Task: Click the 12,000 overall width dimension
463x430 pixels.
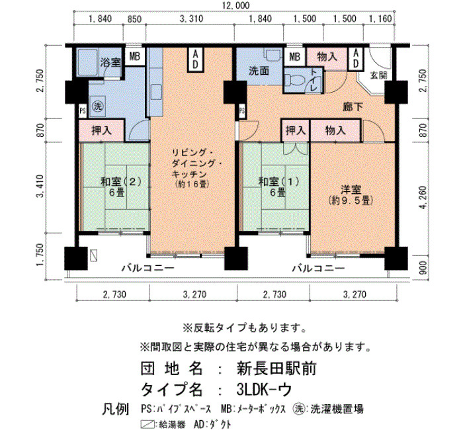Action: [x=235, y=5]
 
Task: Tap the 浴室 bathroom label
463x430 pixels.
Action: [x=110, y=62]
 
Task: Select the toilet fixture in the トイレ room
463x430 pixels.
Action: [x=296, y=80]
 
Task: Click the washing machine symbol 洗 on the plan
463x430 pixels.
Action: [x=97, y=106]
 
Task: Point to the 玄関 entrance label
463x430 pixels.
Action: [x=378, y=75]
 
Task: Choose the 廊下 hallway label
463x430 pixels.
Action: [x=353, y=107]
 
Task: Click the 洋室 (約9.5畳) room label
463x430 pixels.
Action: [x=351, y=195]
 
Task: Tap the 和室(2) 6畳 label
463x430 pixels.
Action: [x=117, y=187]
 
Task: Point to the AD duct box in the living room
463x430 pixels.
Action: [x=195, y=60]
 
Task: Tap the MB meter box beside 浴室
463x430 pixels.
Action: [x=134, y=56]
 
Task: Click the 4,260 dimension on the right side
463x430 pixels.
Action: [x=423, y=197]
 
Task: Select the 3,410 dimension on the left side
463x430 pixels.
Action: [x=40, y=187]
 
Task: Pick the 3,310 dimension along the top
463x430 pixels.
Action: [x=191, y=19]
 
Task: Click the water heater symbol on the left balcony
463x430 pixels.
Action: [x=94, y=255]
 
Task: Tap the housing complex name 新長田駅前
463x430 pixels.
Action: [x=276, y=368]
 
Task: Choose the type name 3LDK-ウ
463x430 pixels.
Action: [x=264, y=390]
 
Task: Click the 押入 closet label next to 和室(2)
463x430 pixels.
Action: [x=101, y=130]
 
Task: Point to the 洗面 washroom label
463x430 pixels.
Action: [x=259, y=71]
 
